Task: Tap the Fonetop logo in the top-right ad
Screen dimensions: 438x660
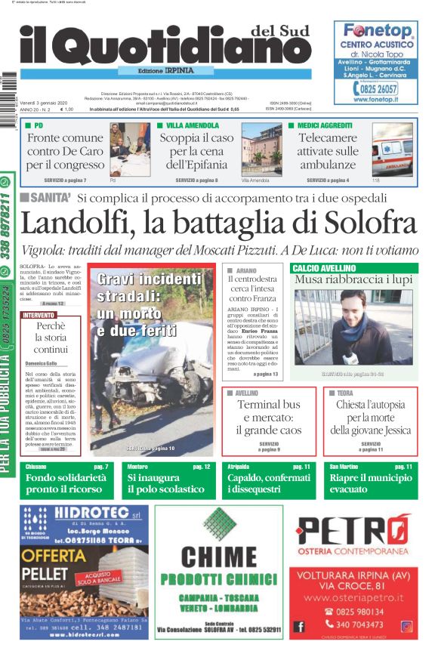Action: [x=378, y=31]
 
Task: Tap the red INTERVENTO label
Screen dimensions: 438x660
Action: [x=39, y=315]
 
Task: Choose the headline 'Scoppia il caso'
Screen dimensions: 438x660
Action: [x=196, y=139]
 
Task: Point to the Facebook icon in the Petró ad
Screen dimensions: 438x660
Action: [x=300, y=626]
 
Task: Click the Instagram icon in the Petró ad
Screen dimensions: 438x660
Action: [x=406, y=626]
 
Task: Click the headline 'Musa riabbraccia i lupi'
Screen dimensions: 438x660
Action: [x=353, y=280]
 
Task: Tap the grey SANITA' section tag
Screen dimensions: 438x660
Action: [x=45, y=198]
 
